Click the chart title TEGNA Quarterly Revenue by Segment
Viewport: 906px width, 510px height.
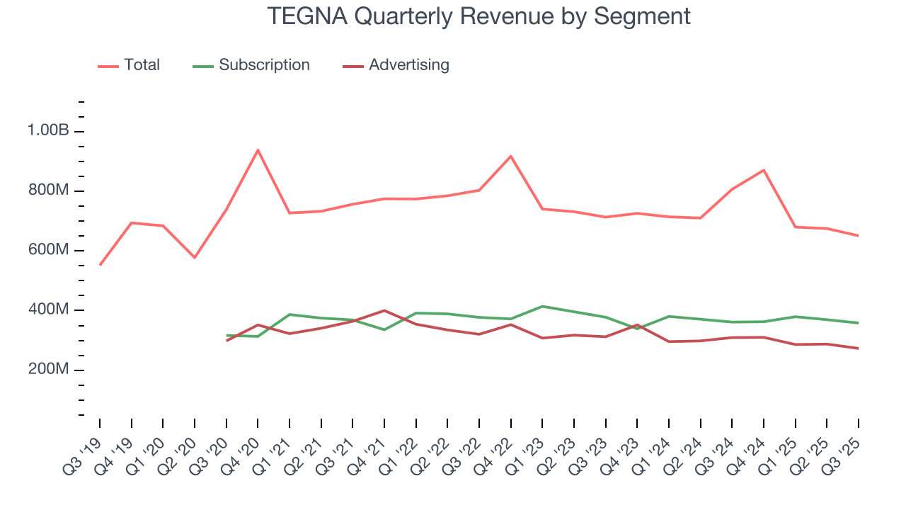478,16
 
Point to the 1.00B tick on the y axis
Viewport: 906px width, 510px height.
48,131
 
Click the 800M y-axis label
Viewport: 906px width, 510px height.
48,191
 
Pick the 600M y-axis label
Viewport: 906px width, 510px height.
48,251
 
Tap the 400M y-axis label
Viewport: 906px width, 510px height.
48,310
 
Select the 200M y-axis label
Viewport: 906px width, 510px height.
48,370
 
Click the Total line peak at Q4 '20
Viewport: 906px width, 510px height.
258,149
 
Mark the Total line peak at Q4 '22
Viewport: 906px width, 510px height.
511,156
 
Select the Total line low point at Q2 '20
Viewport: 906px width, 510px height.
195,258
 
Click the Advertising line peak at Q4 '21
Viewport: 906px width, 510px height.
384,310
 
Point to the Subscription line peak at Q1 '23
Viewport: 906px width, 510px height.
542,306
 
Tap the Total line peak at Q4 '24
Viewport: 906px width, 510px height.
764,170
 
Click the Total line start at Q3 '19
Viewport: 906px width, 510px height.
100,265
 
